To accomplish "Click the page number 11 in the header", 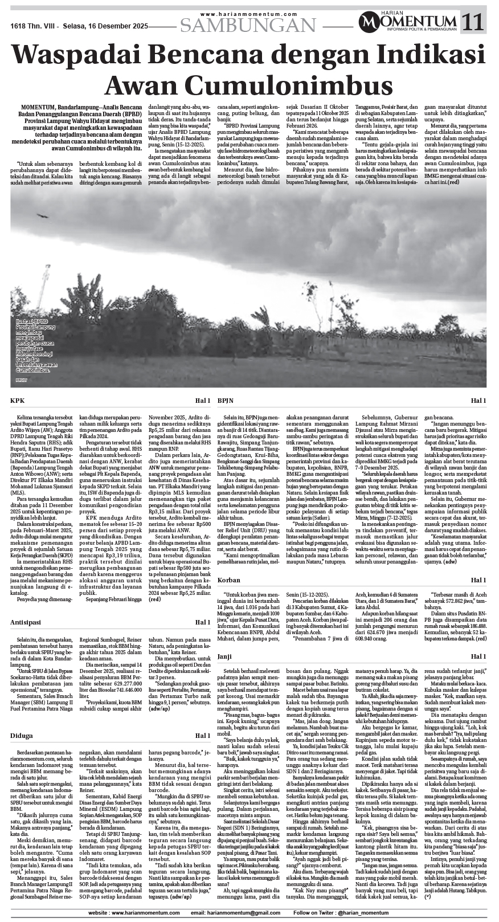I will [474, 22].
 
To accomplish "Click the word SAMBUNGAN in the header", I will [248, 25].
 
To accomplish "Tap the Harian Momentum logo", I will [408, 22].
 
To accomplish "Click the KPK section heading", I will [18, 401].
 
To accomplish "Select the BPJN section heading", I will [226, 401].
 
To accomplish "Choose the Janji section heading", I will [226, 657].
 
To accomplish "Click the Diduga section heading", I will [22, 736].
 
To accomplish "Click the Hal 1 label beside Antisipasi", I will [202, 622].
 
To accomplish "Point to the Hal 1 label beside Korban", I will [478, 580].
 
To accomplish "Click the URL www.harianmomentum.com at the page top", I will [249, 14].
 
